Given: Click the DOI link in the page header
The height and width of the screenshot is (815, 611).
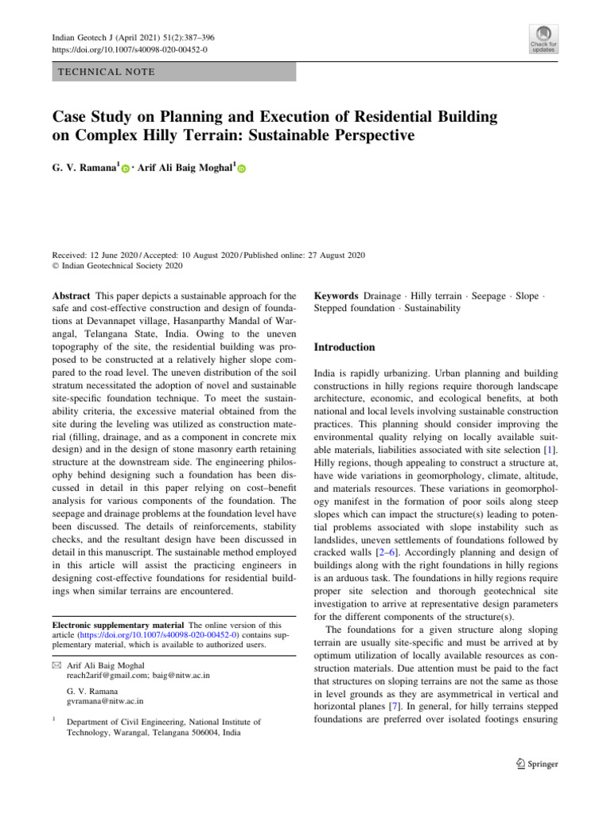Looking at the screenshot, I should pos(129,49).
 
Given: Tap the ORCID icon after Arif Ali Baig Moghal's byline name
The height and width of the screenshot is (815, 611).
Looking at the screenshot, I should pos(242,170).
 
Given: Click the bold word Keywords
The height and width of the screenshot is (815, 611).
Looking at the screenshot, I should pos(337,295).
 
